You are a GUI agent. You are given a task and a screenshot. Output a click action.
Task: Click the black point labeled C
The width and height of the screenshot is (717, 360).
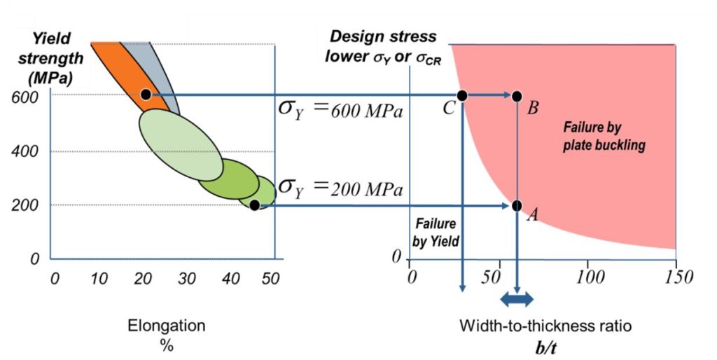coord(462,95)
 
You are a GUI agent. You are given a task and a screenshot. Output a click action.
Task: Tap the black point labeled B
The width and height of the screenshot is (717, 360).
coord(517,96)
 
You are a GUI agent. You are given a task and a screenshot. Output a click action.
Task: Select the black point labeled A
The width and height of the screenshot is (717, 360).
coord(517,206)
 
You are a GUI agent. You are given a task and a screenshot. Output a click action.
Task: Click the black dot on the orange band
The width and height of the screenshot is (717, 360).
coord(146,94)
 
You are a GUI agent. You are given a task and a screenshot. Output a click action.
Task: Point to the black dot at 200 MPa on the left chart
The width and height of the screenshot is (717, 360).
coord(254,205)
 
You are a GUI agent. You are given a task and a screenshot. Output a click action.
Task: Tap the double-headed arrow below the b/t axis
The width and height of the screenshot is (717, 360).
coord(517,300)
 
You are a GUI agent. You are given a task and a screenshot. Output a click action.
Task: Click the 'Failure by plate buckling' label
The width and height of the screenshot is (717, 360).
coord(604,137)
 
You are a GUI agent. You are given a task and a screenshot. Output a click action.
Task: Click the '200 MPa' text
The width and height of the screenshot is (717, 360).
coord(368,190)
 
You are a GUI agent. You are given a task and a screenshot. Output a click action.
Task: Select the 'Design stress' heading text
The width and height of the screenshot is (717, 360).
coord(384,37)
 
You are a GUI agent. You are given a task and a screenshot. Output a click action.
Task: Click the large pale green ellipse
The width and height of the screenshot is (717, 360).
coord(180,146)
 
